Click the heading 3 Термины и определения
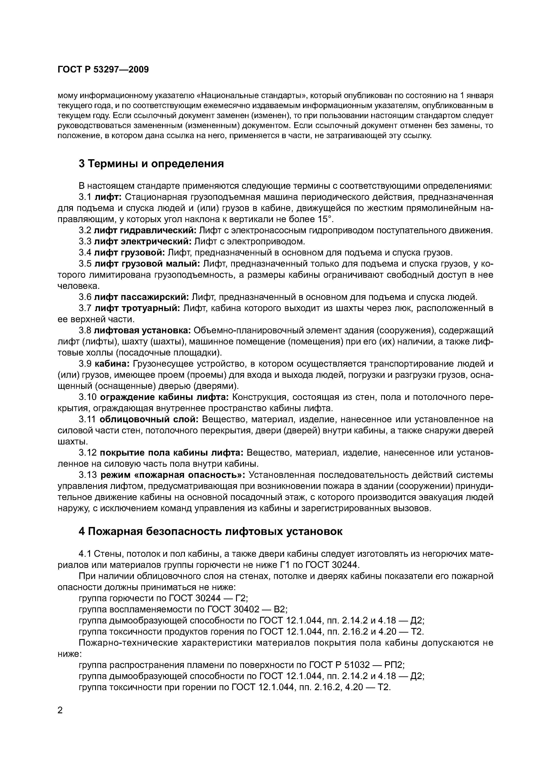point(151,164)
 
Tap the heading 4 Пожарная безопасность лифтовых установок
point(210,531)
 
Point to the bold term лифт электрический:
point(143,241)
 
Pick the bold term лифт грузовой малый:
point(147,264)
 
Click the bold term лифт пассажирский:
point(141,297)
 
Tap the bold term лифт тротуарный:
point(137,308)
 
